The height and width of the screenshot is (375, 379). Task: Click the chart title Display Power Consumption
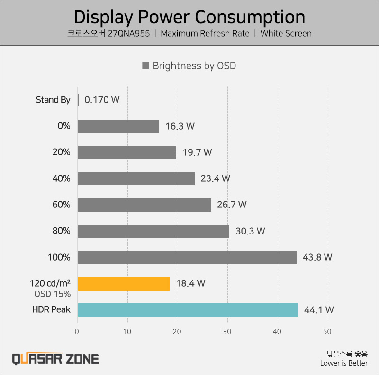click(x=189, y=17)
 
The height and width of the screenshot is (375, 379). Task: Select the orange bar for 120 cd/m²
click(x=124, y=283)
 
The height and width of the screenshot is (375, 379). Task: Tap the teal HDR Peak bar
click(x=188, y=310)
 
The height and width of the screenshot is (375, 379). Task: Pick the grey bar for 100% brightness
click(x=187, y=257)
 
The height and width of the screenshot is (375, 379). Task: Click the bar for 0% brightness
click(x=118, y=126)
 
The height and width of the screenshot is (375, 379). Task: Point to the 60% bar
click(x=144, y=205)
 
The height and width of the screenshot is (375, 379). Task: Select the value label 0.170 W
click(x=102, y=100)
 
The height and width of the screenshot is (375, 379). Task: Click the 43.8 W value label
click(x=317, y=257)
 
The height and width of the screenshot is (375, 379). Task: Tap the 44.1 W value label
click(x=319, y=310)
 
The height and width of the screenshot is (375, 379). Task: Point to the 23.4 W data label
click(x=216, y=178)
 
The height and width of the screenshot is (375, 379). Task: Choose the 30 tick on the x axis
click(x=228, y=331)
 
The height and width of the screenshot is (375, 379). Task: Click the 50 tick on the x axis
click(x=327, y=331)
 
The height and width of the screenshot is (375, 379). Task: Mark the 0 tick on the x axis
click(x=78, y=331)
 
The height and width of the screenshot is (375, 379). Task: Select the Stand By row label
click(x=53, y=100)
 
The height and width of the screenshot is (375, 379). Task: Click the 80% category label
click(x=62, y=231)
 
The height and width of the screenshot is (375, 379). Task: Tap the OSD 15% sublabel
click(x=52, y=294)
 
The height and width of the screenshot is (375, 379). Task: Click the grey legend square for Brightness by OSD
click(x=146, y=66)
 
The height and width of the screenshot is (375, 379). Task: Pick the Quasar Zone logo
click(x=55, y=358)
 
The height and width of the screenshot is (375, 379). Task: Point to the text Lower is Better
click(x=343, y=363)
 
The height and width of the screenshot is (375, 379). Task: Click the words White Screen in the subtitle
click(x=286, y=34)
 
